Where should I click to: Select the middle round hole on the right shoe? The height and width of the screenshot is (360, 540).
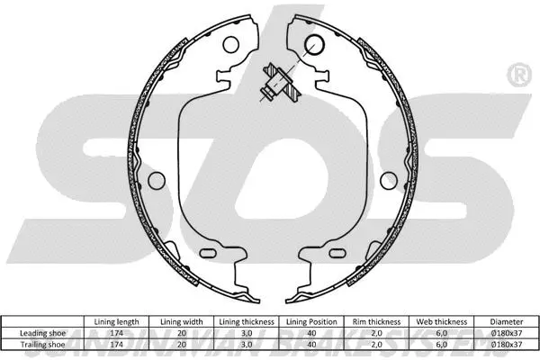tap(386, 178)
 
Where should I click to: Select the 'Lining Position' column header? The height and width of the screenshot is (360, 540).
tap(312, 319)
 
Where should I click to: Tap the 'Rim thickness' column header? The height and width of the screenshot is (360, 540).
tap(377, 319)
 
